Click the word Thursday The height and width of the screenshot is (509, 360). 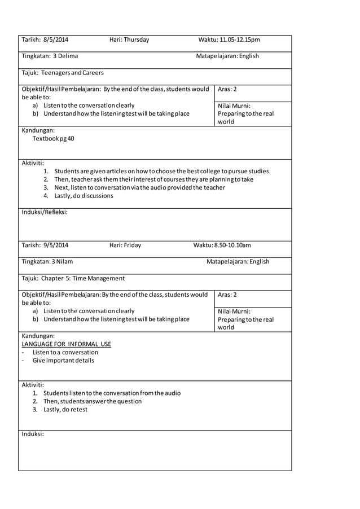pos(137,40)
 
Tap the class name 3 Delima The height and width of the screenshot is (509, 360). pos(65,56)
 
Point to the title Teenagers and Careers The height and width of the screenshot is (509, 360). pos(72,72)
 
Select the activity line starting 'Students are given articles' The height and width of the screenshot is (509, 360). pos(161,171)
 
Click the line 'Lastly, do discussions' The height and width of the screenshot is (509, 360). pos(84,196)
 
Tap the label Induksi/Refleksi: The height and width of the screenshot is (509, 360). pos(45,212)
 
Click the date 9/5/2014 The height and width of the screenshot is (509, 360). pos(55,245)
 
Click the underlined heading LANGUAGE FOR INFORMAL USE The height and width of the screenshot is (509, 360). pos(66,344)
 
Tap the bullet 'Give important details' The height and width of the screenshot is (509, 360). pos(63,360)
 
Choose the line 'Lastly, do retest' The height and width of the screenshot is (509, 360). pos(65,410)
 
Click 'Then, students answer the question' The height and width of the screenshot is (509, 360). pos(93,401)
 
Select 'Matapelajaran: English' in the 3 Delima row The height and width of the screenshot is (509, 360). pos(227,56)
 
